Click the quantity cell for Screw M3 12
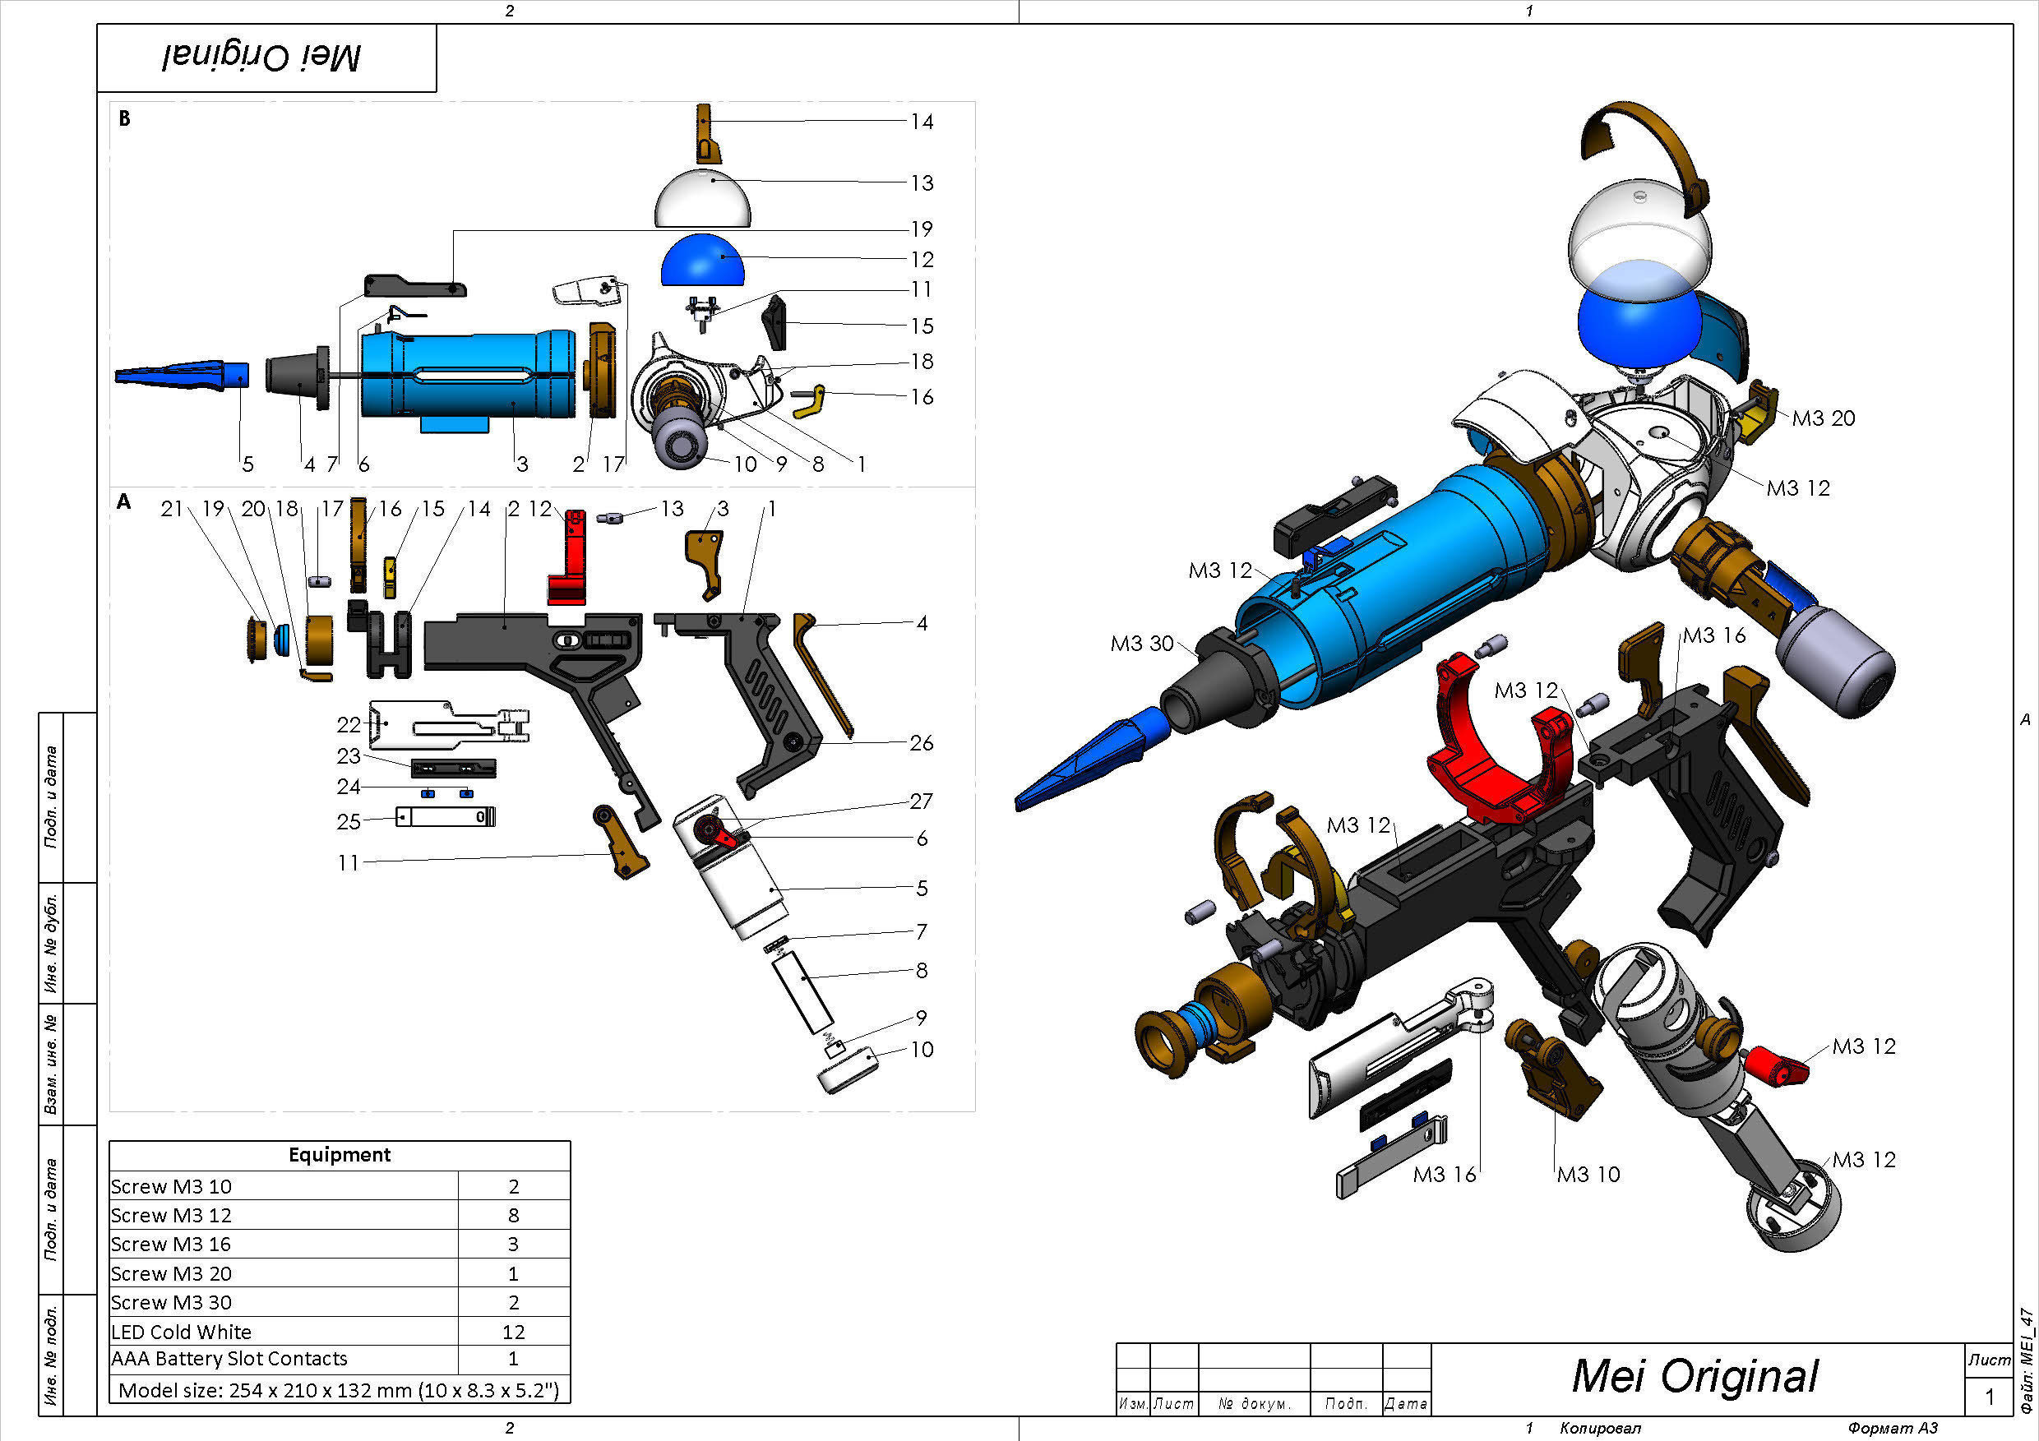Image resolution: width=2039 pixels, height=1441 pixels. (513, 1215)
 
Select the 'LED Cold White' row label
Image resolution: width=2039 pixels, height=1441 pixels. (181, 1331)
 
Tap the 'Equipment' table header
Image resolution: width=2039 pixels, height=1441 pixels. (340, 1154)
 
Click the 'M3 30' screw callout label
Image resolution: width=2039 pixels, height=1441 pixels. (1141, 643)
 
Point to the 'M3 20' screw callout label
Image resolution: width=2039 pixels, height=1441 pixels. (1824, 418)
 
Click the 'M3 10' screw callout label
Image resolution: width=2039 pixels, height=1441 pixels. (1588, 1174)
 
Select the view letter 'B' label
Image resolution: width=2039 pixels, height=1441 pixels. (124, 118)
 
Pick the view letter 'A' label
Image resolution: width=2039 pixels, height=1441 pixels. (123, 501)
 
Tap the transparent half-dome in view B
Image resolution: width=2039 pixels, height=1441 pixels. (702, 201)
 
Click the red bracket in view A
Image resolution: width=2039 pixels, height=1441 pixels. (568, 559)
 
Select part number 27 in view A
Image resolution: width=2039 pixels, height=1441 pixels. (921, 801)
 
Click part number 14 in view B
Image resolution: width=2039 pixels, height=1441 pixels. (922, 122)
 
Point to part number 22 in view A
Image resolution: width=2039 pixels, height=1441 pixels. (348, 724)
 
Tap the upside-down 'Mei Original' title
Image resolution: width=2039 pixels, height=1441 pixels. (262, 58)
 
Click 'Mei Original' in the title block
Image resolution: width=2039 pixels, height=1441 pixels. (1695, 1375)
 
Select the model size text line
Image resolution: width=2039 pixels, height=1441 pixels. (339, 1389)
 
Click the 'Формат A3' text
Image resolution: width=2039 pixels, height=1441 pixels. (1893, 1428)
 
